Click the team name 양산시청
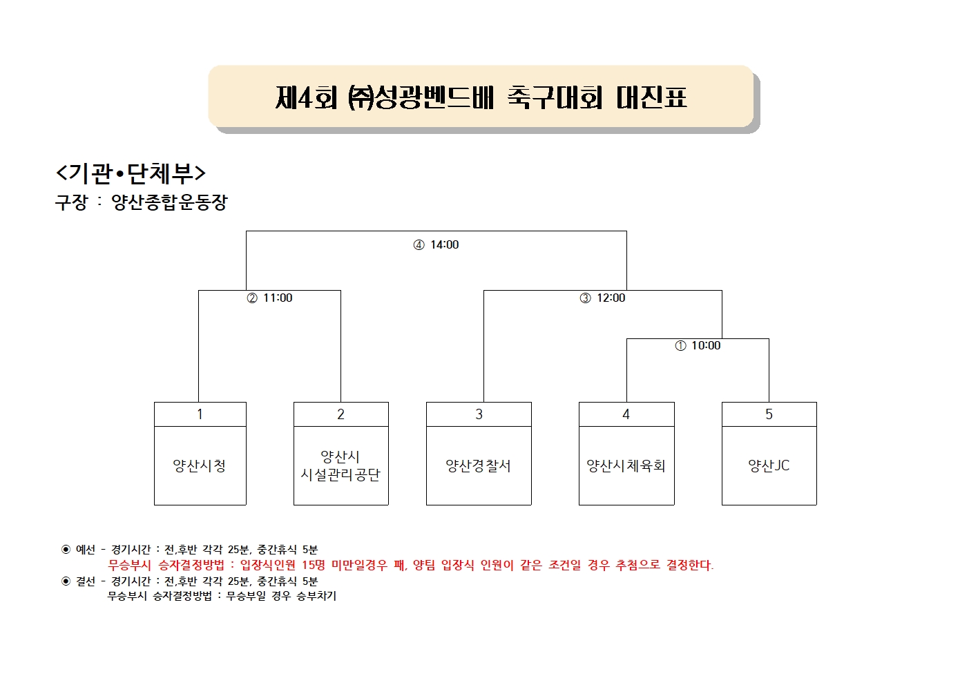coord(200,465)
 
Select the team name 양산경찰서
coord(479,465)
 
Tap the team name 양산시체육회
coord(626,465)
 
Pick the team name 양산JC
coord(769,465)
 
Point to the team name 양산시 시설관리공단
coord(340,465)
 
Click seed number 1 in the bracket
coord(200,414)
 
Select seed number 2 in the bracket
coord(341,414)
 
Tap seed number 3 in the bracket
coord(479,414)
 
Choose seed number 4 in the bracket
coord(626,414)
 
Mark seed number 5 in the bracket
coord(769,414)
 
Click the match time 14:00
coord(445,244)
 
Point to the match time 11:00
coord(278,298)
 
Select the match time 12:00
coord(611,298)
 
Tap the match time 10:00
coord(706,345)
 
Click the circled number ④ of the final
coord(419,245)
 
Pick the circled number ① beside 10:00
coord(680,346)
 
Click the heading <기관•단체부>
coord(131,173)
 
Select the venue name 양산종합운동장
coord(169,202)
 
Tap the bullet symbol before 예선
coord(66,549)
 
